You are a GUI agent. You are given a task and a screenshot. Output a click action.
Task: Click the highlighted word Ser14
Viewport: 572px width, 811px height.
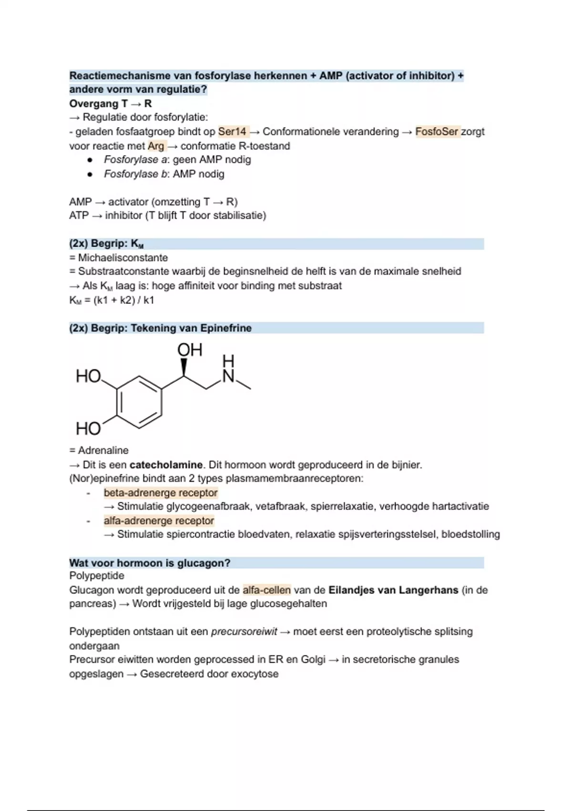tap(232, 132)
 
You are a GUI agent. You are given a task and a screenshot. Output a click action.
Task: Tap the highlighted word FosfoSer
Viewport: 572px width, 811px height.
tap(437, 132)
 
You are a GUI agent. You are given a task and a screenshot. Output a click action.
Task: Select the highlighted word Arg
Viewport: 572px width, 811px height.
tap(156, 146)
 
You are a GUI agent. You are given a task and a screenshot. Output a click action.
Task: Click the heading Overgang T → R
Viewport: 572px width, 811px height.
tap(110, 104)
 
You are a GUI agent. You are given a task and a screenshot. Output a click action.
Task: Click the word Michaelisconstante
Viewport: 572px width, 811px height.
tap(123, 258)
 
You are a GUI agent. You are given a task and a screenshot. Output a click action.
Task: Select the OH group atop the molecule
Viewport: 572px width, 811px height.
tap(190, 350)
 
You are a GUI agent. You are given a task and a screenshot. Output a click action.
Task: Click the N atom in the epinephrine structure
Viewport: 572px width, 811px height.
tap(228, 376)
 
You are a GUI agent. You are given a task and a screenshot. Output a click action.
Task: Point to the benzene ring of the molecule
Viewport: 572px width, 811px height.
tap(139, 403)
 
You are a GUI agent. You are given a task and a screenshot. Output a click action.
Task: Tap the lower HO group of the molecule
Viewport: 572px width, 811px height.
tap(89, 428)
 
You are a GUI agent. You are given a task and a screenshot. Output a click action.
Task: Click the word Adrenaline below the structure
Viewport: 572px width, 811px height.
tap(103, 450)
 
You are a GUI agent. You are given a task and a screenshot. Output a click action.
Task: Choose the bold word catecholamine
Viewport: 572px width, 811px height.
tap(166, 465)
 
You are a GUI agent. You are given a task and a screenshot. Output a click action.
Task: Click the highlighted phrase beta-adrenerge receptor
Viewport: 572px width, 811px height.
tap(161, 493)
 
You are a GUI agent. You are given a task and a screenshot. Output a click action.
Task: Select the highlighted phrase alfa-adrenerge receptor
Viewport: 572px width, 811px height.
tap(159, 520)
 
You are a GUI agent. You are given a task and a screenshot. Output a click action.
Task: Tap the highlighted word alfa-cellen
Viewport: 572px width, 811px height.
tap(266, 590)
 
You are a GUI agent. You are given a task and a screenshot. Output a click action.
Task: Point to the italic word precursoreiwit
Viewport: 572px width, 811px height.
tap(244, 632)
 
